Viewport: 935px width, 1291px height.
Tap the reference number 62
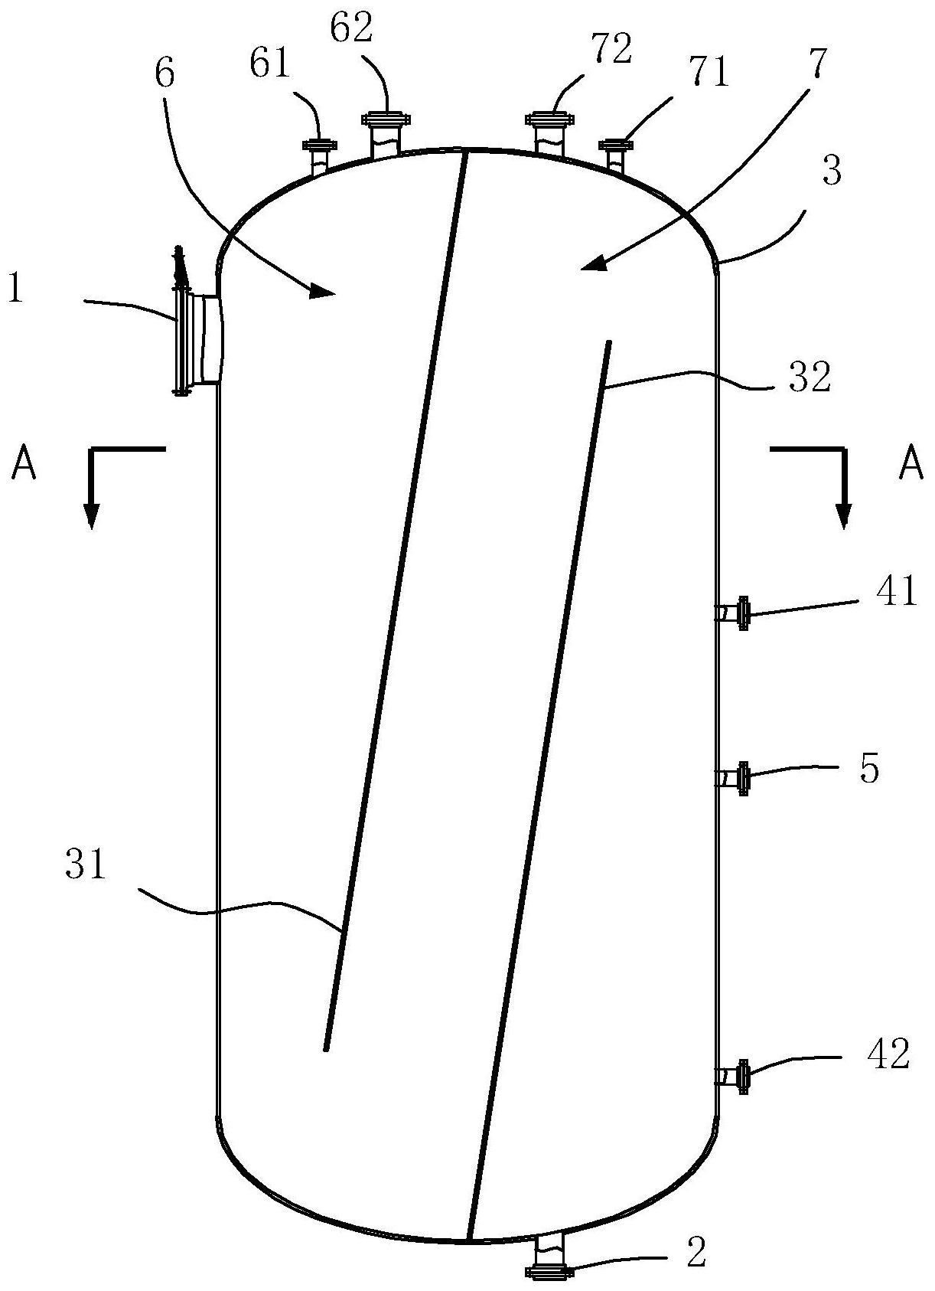(x=351, y=29)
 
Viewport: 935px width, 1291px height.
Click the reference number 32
(x=810, y=378)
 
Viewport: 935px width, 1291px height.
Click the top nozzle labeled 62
(x=386, y=135)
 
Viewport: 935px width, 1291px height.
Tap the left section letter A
(x=24, y=463)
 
